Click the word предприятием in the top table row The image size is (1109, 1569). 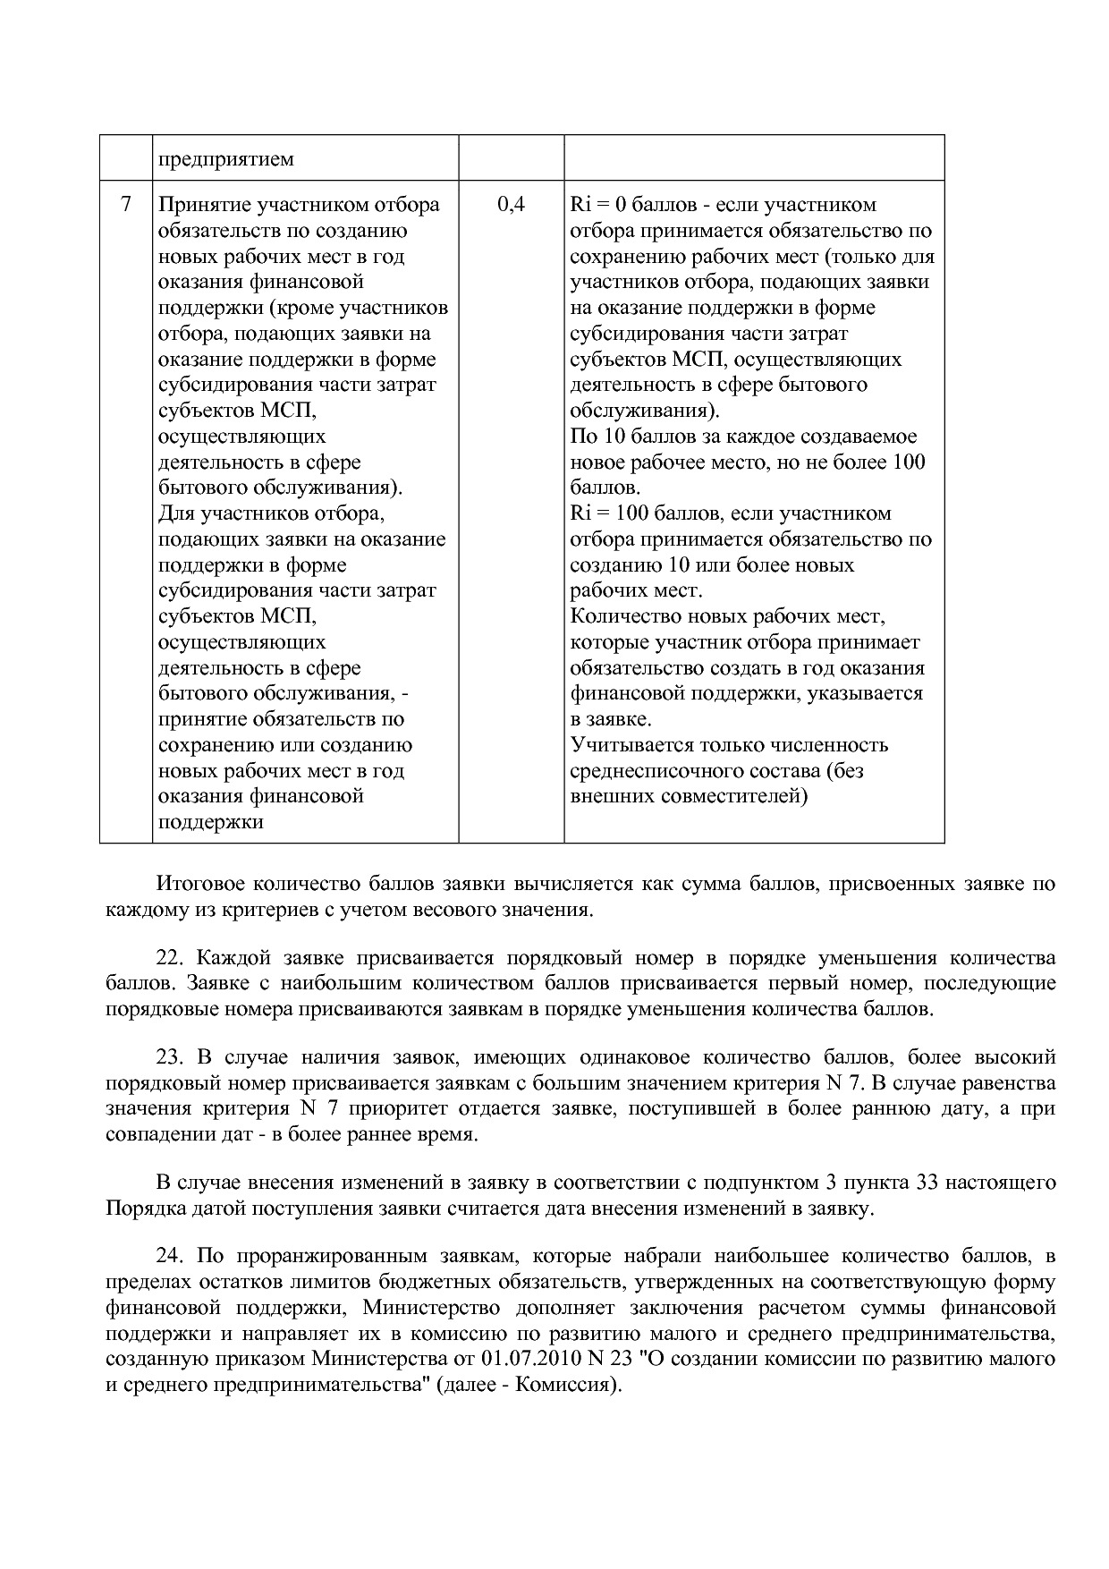tap(226, 160)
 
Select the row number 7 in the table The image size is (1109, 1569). tap(125, 204)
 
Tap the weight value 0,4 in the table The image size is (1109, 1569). tap(511, 204)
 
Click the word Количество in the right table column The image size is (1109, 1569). tap(625, 616)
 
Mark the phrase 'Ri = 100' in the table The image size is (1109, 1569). tap(608, 513)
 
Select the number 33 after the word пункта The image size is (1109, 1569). tap(927, 1183)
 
